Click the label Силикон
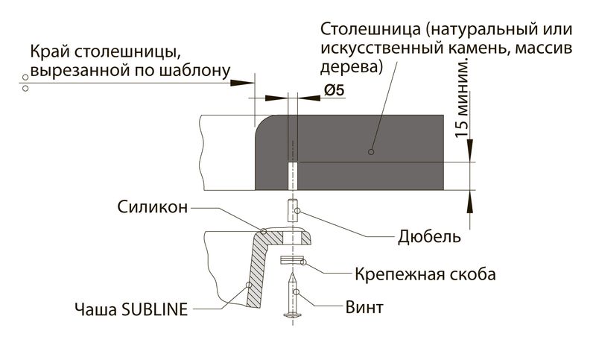click(152, 208)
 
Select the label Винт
click(364, 307)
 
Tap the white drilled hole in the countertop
click(292, 175)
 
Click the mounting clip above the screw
click(291, 260)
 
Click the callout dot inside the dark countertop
click(370, 152)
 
